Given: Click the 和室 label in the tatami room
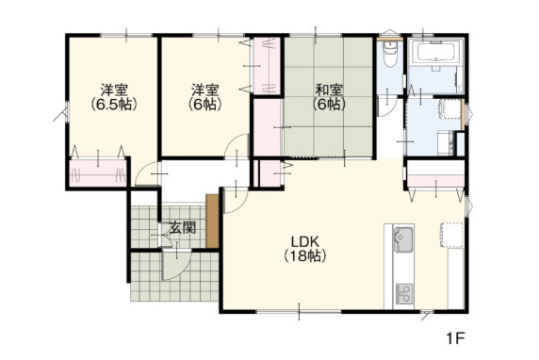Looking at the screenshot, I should click(x=328, y=90).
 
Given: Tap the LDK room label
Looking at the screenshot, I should click(x=304, y=238).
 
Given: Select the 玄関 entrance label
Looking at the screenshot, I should click(x=183, y=227).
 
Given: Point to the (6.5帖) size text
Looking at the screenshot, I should click(x=114, y=105).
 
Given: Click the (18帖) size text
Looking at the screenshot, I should click(x=304, y=254).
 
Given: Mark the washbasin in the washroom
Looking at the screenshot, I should click(x=444, y=141).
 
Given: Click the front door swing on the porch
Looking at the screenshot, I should click(x=174, y=264).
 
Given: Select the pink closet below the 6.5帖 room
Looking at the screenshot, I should click(x=95, y=173).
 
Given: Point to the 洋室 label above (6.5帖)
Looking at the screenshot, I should click(x=114, y=90).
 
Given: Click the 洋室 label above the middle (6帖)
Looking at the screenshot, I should click(x=205, y=90).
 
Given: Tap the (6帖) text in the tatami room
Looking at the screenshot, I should click(x=328, y=105).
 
